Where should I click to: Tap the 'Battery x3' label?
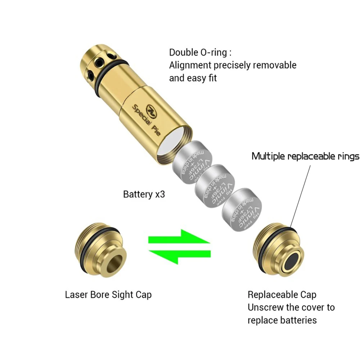144,194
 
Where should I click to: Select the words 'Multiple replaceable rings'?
305,156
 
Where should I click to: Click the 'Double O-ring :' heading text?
200,52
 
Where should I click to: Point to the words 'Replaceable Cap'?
282,295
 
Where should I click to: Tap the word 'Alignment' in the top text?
190,65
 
